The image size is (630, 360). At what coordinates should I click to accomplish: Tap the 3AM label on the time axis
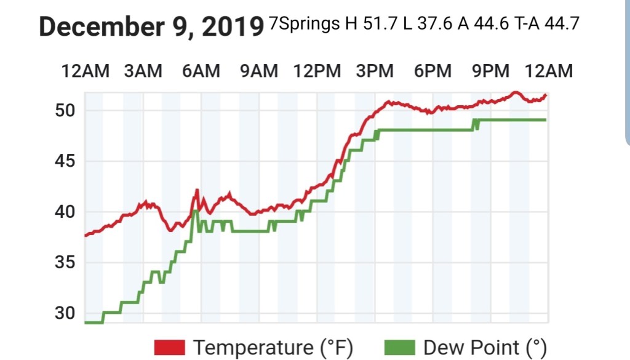point(143,71)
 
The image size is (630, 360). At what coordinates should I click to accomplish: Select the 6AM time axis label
point(201,71)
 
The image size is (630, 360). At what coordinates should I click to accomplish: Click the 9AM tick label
point(258,71)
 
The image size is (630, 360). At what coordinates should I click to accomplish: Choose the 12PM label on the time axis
point(317,71)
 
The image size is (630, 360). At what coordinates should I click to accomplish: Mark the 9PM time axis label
point(490,71)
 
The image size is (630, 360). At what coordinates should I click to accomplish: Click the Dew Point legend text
point(485,347)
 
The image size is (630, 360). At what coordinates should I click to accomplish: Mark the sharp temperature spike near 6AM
point(197,190)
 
